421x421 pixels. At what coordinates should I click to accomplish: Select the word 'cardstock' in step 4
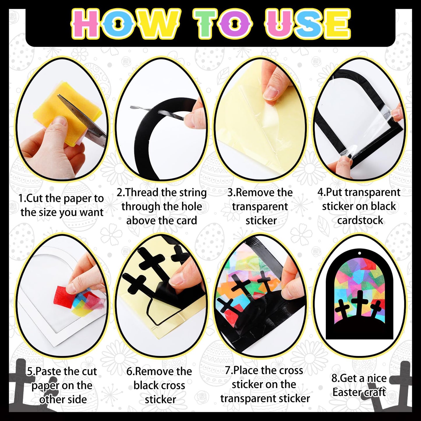(360, 220)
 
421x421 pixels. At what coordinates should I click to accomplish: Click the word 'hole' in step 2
(192, 207)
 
